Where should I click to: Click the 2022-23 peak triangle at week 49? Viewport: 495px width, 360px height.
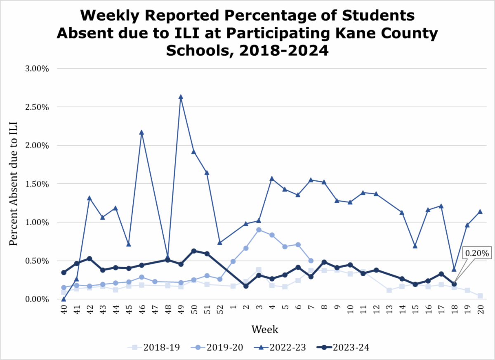click(x=181, y=97)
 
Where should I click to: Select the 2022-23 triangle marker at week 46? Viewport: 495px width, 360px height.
click(x=141, y=133)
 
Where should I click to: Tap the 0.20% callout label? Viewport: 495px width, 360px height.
click(x=477, y=252)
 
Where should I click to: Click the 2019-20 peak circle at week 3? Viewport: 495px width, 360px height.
click(x=259, y=230)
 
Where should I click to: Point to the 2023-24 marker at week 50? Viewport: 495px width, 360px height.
click(x=193, y=251)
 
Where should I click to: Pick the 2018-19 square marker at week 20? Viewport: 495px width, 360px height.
click(x=480, y=296)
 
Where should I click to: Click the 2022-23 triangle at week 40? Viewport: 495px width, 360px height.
click(x=64, y=299)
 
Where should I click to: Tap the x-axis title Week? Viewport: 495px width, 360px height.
click(x=265, y=330)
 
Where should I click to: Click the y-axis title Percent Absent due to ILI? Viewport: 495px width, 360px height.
click(x=14, y=184)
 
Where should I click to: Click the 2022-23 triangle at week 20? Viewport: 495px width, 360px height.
click(x=480, y=212)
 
